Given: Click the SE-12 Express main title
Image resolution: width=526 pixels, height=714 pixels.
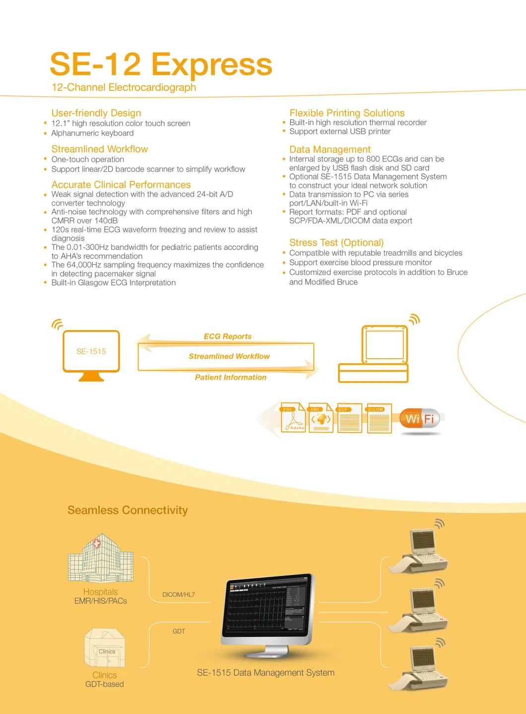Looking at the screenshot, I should click(161, 65).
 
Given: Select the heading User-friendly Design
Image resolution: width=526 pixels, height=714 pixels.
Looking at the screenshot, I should click(96, 113).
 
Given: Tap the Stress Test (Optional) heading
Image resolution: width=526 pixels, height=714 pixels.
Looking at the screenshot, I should click(336, 243).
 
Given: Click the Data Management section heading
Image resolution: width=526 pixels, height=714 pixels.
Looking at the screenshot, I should click(330, 149).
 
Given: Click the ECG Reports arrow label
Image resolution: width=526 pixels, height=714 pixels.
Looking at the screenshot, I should click(227, 337).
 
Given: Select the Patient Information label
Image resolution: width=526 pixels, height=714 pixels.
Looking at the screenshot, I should click(231, 377).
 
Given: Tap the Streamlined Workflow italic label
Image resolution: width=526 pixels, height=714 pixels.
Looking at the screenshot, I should click(229, 357).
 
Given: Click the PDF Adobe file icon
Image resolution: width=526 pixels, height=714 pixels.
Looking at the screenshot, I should click(293, 418).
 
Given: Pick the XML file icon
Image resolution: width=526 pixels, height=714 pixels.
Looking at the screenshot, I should click(321, 418).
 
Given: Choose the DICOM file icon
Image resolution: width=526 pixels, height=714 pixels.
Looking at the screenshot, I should click(380, 418).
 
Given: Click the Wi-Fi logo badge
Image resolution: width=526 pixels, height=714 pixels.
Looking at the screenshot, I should click(420, 419).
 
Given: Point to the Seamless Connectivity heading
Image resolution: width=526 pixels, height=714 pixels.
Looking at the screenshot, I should click(128, 510).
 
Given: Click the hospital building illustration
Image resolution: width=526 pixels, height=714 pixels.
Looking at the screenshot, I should click(101, 559).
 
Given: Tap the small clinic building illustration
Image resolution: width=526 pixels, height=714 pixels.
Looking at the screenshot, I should click(105, 647).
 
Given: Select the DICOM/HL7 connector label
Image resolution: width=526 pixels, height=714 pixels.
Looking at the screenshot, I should click(179, 595).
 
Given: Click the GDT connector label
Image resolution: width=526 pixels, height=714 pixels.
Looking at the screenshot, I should click(179, 632).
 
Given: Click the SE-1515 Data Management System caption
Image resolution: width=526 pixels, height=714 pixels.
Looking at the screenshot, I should click(265, 673).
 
